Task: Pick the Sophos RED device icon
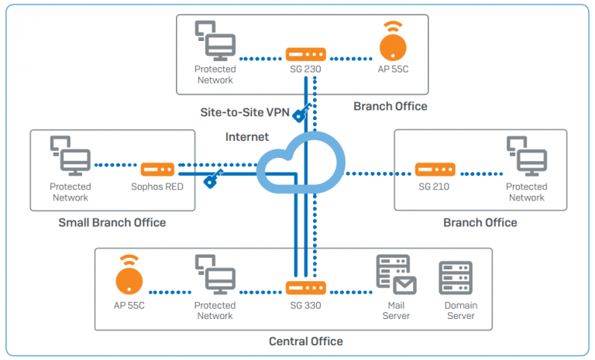click(157, 169)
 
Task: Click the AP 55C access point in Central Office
click(130, 277)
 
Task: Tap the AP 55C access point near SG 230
click(394, 46)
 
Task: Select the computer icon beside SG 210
click(524, 156)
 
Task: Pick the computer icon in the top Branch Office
click(213, 41)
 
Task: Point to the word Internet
click(246, 137)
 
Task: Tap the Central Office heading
click(305, 341)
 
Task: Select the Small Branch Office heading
click(112, 223)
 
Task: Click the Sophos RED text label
click(157, 187)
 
